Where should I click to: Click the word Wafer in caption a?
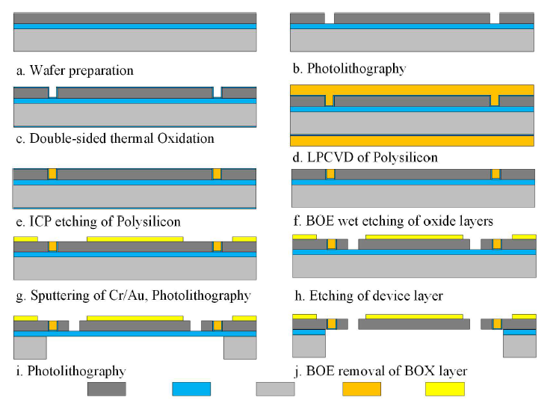tap(47, 70)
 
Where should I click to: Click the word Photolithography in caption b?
tap(356, 69)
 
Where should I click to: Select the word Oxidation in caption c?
tap(186, 138)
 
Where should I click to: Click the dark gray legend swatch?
tap(107, 389)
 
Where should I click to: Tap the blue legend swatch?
tap(191, 389)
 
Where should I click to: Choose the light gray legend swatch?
tap(275, 389)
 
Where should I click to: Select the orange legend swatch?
tap(362, 389)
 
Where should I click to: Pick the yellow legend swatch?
tap(445, 389)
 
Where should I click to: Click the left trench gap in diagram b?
tap(330, 18)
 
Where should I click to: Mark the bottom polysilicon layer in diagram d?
tap(412, 141)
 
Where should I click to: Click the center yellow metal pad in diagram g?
tap(135, 239)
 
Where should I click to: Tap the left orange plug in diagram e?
tap(52, 174)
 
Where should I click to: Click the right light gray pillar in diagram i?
tap(241, 348)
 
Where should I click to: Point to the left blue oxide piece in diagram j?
tap(309, 332)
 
